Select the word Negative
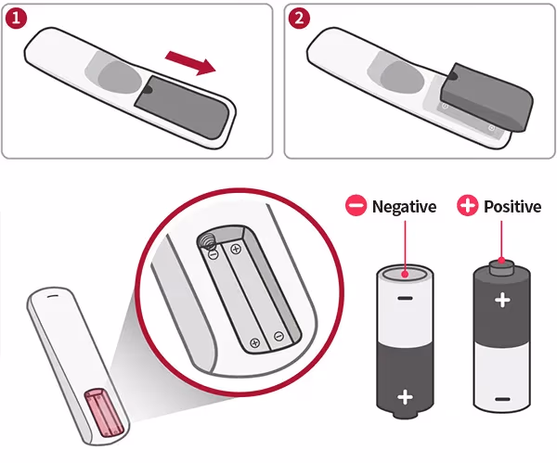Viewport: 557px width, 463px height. click(x=404, y=206)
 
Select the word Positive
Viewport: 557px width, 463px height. click(x=512, y=206)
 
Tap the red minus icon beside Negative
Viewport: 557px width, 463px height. click(x=356, y=206)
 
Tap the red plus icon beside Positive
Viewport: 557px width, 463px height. click(x=468, y=206)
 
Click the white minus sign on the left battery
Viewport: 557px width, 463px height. click(x=405, y=300)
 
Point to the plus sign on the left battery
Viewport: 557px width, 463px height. click(x=405, y=397)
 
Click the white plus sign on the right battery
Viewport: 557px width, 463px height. click(x=502, y=300)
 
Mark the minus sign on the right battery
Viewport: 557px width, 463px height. click(x=502, y=398)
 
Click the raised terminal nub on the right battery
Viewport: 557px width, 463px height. click(x=502, y=268)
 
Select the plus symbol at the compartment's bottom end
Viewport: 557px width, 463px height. click(x=255, y=342)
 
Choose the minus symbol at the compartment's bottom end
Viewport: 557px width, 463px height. click(x=278, y=335)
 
